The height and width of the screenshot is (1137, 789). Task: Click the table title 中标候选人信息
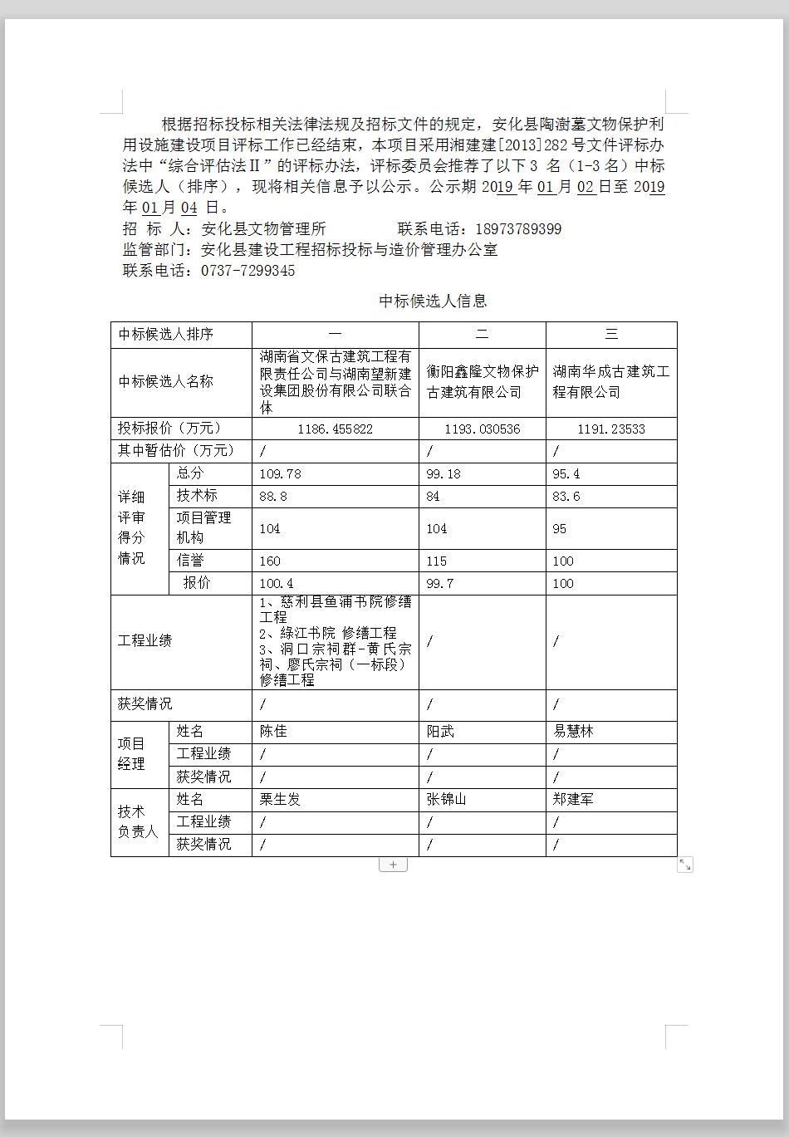433,301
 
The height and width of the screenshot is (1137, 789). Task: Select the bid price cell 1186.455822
335,429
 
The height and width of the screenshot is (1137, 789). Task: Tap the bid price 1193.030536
482,429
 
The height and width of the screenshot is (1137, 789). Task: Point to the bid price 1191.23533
611,429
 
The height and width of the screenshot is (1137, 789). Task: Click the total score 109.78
281,474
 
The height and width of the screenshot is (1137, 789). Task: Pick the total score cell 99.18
444,474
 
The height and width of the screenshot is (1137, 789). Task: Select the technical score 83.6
566,497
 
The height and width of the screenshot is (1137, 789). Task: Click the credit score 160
270,561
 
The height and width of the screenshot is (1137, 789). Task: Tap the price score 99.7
440,584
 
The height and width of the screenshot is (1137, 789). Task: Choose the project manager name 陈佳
273,732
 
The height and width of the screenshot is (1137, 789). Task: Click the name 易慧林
573,732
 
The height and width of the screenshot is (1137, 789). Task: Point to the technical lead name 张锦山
446,800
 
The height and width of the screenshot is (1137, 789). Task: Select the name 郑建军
573,800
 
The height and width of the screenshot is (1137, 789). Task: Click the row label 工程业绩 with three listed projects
145,641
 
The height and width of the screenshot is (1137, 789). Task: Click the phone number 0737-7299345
247,271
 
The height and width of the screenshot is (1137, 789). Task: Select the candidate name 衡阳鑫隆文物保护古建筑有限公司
482,382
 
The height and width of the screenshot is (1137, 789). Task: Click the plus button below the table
393,865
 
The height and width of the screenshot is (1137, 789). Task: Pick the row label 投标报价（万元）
169,429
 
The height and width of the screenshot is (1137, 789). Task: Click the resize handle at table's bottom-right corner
685,865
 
